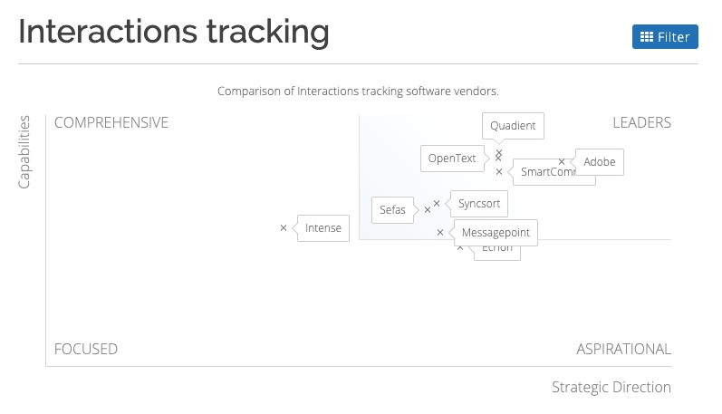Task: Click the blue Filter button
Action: (x=665, y=37)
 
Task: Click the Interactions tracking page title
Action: (x=174, y=32)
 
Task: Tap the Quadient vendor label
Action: (x=513, y=126)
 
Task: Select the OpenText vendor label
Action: (x=452, y=159)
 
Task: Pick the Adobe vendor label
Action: (x=599, y=162)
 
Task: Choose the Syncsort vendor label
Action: (x=478, y=204)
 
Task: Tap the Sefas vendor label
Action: (x=392, y=209)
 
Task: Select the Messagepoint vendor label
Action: (x=495, y=233)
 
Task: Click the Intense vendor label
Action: (x=322, y=228)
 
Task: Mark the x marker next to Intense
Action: (x=284, y=228)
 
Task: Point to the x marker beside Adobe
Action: (x=562, y=162)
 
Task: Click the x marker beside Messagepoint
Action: (x=441, y=233)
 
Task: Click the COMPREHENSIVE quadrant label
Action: (x=111, y=123)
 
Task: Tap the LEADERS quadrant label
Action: (x=641, y=123)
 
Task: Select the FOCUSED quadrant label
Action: (x=86, y=349)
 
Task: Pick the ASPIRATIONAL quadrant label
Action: (x=623, y=349)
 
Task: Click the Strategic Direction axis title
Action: (x=611, y=388)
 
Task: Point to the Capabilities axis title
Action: (x=25, y=152)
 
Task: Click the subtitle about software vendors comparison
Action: (x=358, y=91)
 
